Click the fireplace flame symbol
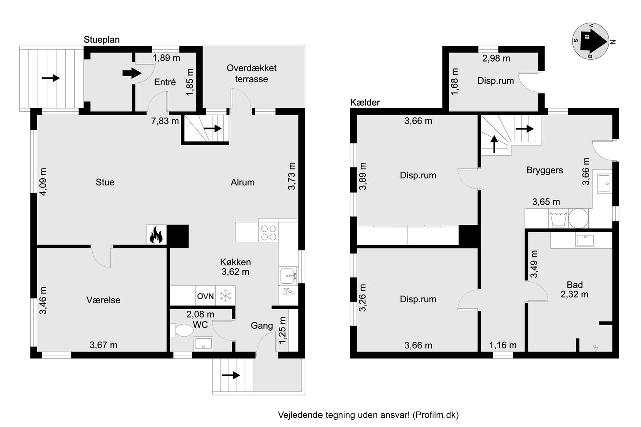[x=156, y=235]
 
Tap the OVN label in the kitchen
[x=205, y=296]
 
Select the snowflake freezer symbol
[x=226, y=296]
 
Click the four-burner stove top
[x=268, y=232]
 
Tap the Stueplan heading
[x=101, y=40]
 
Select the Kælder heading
[x=365, y=102]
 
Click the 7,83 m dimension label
[x=165, y=121]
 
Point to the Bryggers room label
[x=544, y=170]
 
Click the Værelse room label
[x=103, y=300]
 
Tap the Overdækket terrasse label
[x=251, y=74]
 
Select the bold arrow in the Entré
[x=132, y=73]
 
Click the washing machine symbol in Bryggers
[x=558, y=219]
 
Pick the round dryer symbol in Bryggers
[x=578, y=218]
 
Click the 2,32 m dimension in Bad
[x=574, y=294]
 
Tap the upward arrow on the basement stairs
[x=494, y=144]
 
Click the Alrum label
[x=243, y=182]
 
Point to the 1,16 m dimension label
[x=503, y=345]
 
